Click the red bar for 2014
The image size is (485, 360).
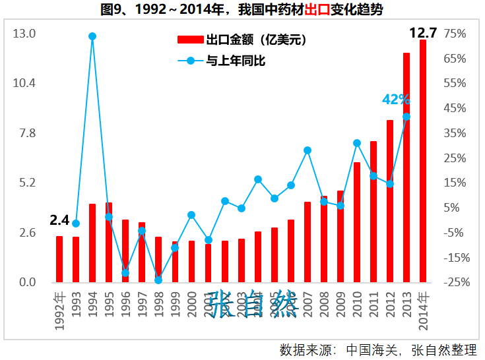(423, 162)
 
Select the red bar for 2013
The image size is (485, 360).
(406, 168)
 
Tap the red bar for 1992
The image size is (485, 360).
(59, 259)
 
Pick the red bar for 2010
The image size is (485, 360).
(357, 223)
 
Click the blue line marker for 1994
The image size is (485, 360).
(92, 36)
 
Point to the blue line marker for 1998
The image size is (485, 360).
(158, 280)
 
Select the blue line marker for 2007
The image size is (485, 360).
(307, 150)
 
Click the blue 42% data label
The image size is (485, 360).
(396, 100)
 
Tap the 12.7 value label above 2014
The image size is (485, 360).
(423, 32)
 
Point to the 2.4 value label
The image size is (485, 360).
(59, 220)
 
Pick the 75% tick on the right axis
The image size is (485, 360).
(455, 34)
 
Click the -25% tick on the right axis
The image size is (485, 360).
(455, 282)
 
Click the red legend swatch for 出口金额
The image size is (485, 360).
(191, 41)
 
